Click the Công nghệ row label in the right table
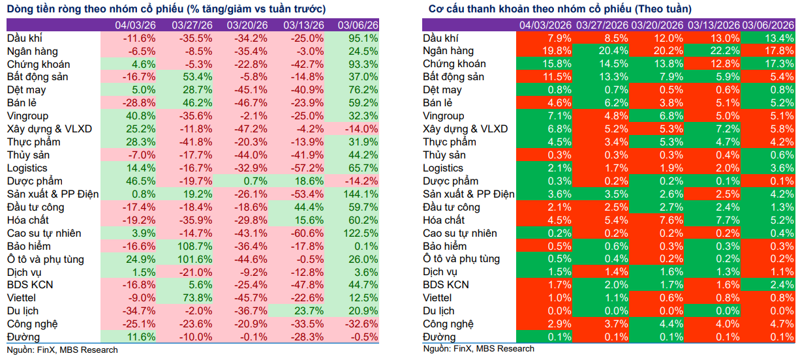point(448,324)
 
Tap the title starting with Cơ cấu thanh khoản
point(561,9)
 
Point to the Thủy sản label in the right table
point(444,155)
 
